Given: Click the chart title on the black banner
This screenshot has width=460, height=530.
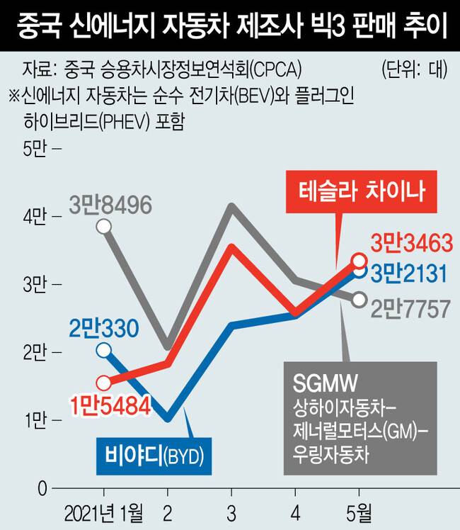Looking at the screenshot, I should tap(229, 26).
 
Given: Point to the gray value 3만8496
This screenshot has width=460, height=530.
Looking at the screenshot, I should tap(110, 205).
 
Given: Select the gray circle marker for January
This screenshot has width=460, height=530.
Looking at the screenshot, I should tap(104, 227).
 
